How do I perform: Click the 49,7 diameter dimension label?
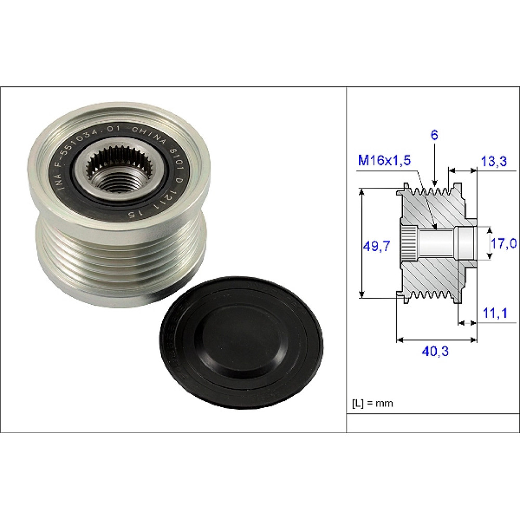376,246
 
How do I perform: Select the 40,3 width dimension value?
435,351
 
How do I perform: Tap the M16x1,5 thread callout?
384,160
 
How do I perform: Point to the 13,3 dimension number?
494,161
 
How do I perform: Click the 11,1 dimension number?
495,313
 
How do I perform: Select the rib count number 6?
434,135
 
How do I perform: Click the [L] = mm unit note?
372,404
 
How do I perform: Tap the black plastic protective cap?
241,343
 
